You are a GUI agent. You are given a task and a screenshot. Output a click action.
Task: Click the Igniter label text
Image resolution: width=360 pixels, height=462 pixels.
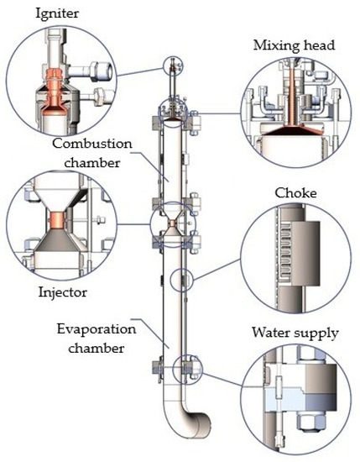click(x=57, y=13)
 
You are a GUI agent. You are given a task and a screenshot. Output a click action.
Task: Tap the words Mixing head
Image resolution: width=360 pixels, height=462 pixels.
click(x=294, y=45)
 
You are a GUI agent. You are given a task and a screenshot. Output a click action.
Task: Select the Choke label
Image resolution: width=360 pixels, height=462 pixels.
click(x=296, y=193)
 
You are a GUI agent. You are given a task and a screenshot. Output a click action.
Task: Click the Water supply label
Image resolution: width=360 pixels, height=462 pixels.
click(x=295, y=333)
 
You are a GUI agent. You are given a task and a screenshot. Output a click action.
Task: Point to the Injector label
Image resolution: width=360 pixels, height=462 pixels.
click(x=63, y=292)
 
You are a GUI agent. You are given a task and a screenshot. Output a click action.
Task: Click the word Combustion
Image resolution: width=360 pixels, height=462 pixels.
click(x=92, y=144)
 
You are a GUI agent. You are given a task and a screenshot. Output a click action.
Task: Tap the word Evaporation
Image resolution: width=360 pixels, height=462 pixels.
click(x=97, y=329)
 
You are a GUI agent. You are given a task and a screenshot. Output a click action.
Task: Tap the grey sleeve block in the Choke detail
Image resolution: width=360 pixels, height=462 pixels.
click(x=305, y=254)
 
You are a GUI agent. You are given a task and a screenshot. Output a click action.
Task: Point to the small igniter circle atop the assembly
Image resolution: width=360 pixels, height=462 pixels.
click(x=173, y=66)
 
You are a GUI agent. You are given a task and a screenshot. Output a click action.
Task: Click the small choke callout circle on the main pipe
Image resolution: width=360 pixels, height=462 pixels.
click(x=182, y=280)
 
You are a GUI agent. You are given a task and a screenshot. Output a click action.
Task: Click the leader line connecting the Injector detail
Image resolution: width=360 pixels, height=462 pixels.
click(x=133, y=224)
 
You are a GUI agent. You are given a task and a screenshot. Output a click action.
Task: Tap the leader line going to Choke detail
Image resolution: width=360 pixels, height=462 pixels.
click(x=217, y=270)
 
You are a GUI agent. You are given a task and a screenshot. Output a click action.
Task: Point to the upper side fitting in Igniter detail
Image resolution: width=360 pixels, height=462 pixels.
click(x=91, y=71)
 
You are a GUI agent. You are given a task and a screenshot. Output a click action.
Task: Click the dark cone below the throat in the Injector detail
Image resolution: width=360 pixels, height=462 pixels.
click(x=58, y=239)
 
